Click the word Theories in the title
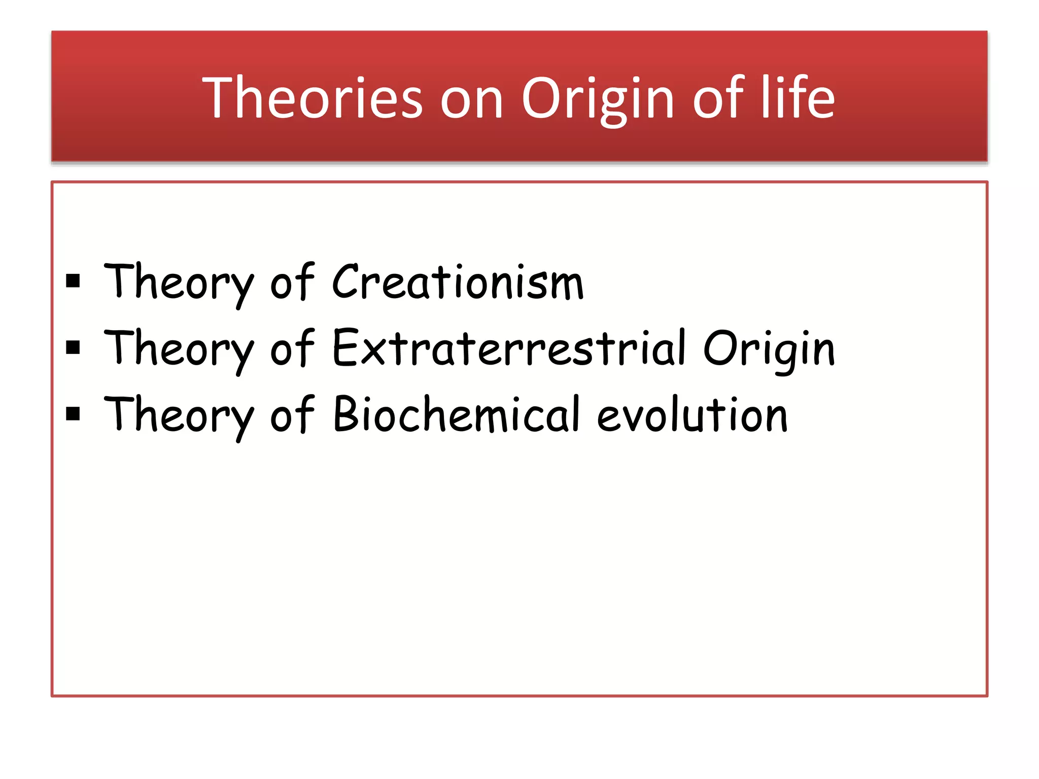(x=312, y=97)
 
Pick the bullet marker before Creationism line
(x=73, y=281)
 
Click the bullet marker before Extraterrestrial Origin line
(x=73, y=347)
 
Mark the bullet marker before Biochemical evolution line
(x=73, y=414)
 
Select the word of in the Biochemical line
(x=292, y=415)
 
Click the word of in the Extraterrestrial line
(x=292, y=348)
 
